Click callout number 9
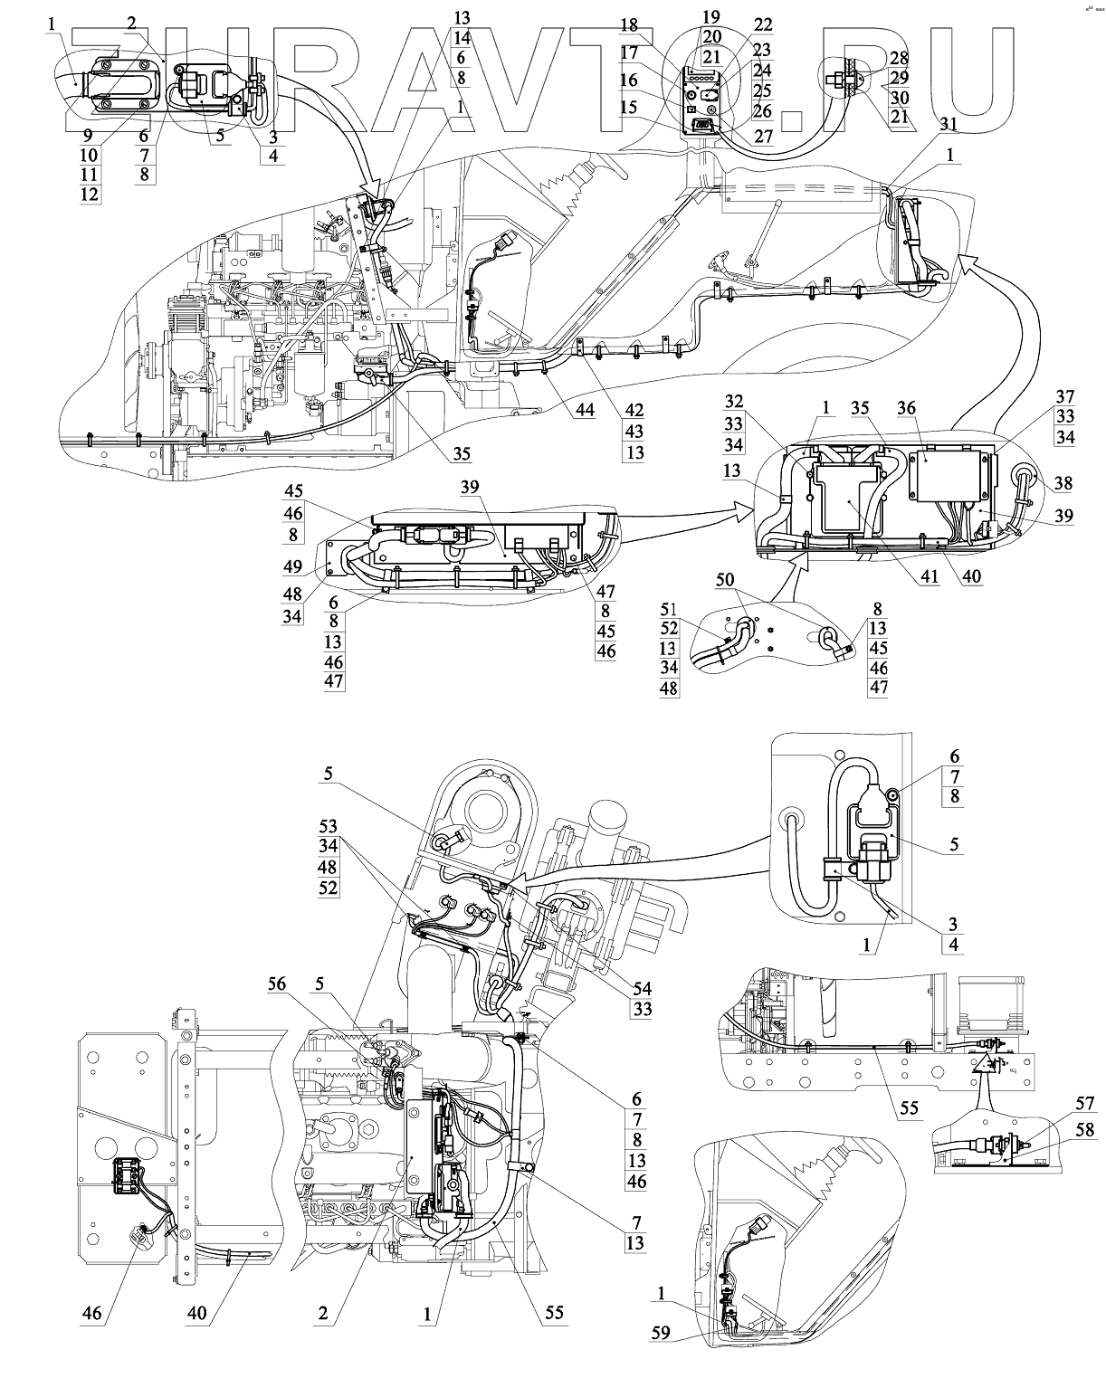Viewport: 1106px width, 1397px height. pos(88,135)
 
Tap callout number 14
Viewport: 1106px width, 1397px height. pos(462,38)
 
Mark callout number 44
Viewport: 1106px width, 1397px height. pos(585,411)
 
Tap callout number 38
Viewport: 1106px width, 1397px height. pos(1063,484)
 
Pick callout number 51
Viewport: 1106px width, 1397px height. pos(669,608)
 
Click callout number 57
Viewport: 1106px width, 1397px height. pos(1084,1103)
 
